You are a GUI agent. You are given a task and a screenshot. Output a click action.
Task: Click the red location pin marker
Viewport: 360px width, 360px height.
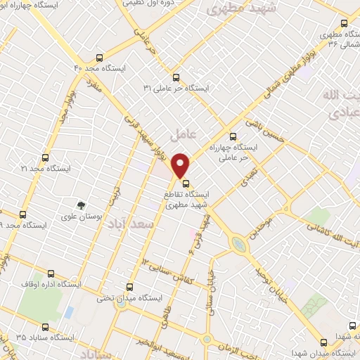[x=181, y=164]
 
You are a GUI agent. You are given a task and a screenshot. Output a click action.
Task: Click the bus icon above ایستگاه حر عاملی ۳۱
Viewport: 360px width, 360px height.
[x=176, y=78]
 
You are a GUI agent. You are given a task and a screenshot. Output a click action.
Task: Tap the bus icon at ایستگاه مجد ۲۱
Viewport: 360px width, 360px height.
[x=46, y=158]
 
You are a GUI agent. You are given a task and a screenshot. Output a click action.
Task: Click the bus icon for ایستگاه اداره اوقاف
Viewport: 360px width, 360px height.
[x=50, y=274]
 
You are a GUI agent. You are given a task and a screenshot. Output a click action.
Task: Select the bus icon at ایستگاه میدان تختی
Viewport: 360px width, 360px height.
[x=129, y=287]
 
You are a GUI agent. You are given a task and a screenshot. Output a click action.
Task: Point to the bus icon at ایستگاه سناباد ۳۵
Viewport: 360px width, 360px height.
[x=46, y=326]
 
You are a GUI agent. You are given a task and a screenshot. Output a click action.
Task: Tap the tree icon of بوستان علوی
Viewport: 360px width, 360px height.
[x=83, y=205]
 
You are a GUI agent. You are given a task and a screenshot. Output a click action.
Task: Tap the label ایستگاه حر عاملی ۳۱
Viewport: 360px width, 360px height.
[x=168, y=88]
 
